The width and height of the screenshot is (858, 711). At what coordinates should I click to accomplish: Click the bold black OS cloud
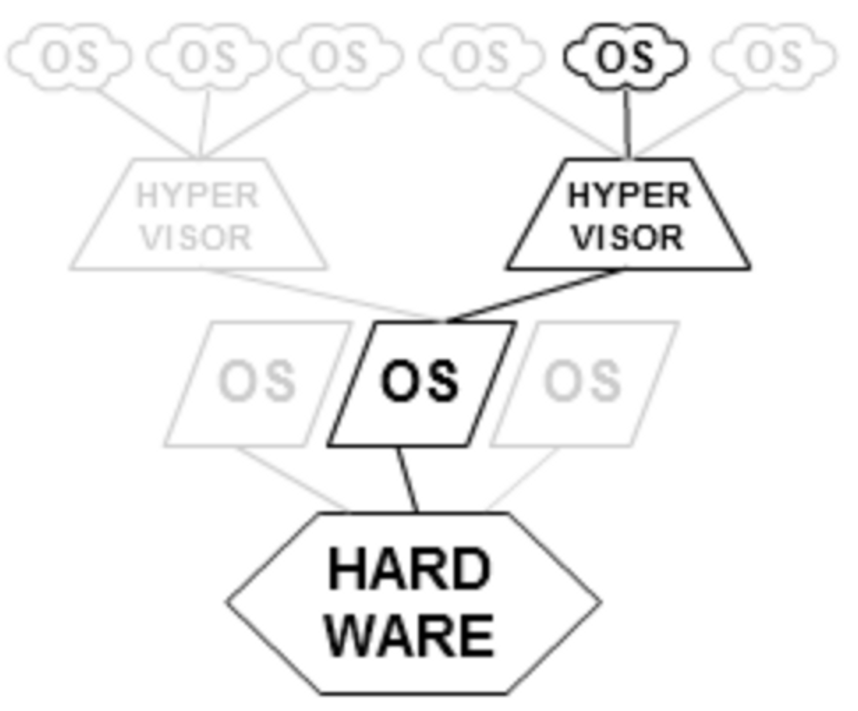tap(625, 57)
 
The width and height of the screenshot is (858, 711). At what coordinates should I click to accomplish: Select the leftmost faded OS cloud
tap(70, 57)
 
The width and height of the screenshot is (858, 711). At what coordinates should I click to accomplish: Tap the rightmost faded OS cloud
tap(774, 57)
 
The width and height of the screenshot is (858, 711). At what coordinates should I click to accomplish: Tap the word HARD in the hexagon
tap(409, 570)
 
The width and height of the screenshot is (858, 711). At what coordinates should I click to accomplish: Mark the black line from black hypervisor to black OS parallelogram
tap(535, 295)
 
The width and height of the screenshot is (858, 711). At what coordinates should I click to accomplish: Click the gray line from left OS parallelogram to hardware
tap(292, 479)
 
